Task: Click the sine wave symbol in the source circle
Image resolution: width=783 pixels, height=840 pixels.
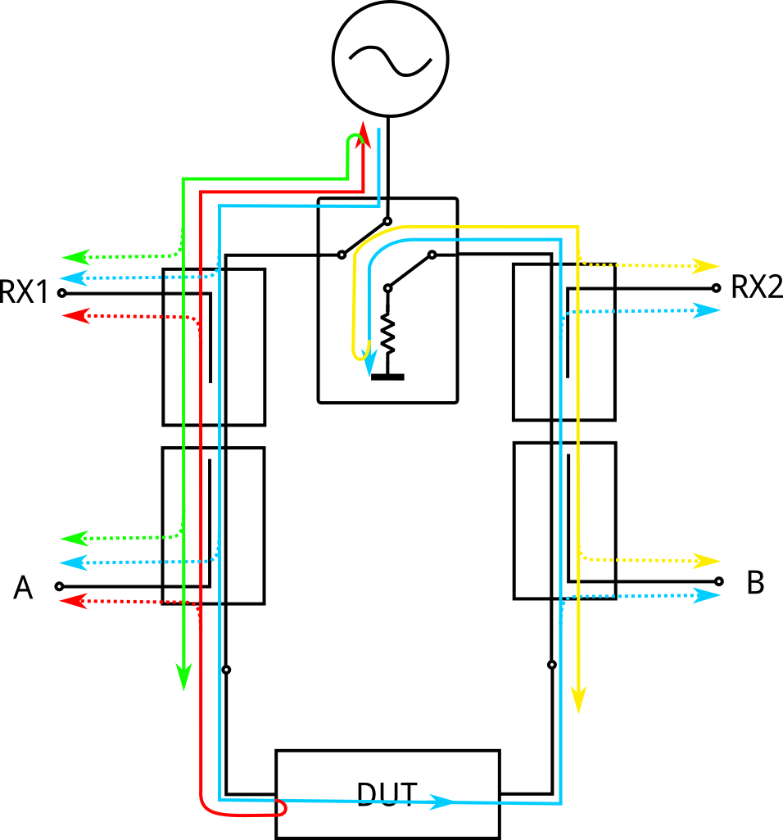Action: (390, 61)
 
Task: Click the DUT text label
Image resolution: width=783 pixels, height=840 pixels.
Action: (387, 795)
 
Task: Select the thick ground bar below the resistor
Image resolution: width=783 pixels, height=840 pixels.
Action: (387, 377)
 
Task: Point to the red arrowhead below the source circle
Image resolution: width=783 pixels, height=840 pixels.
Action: (364, 135)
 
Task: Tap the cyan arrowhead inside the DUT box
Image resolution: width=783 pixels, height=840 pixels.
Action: (442, 802)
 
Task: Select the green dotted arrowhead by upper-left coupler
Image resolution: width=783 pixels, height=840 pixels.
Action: (75, 257)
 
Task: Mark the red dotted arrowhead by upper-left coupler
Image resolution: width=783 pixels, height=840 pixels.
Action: (76, 315)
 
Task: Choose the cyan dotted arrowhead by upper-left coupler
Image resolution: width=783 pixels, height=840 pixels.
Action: (73, 278)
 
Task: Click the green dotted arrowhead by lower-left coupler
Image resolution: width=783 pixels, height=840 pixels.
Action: (74, 539)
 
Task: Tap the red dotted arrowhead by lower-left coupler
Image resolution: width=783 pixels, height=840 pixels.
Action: (73, 601)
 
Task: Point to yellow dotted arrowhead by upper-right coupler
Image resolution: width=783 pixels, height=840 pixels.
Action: (706, 266)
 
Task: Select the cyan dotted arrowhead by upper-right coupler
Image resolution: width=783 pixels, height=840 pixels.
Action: (707, 310)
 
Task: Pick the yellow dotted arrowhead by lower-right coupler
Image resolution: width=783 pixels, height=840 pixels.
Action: (707, 561)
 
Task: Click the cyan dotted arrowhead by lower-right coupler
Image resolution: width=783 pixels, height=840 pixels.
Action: (707, 595)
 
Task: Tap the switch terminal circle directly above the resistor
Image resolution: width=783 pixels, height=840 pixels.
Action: (387, 288)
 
